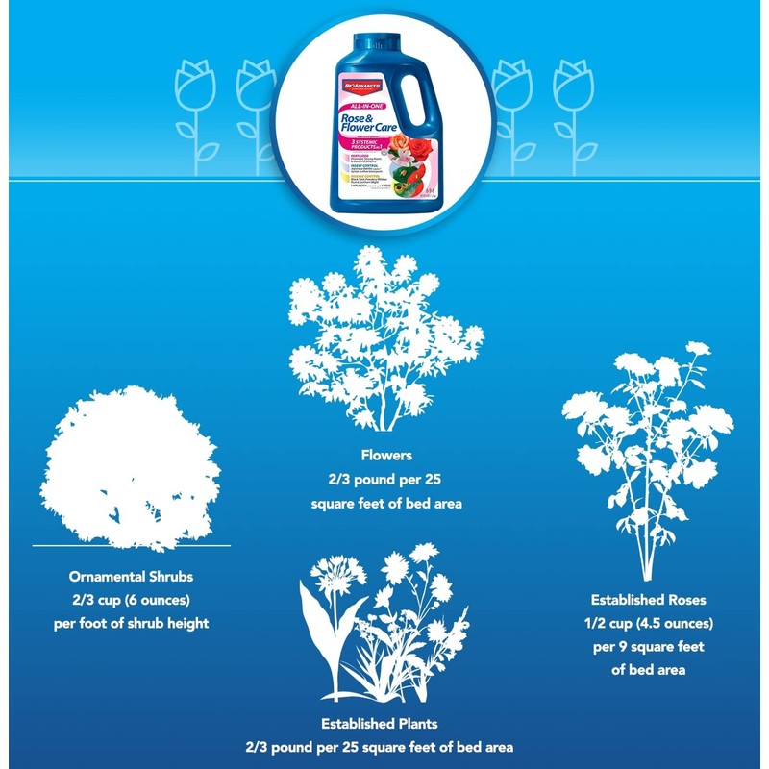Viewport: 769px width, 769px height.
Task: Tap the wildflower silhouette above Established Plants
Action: click(x=384, y=625)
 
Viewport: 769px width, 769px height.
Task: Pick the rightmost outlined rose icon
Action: click(x=575, y=107)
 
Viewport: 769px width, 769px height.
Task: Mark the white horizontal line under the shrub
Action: click(x=132, y=545)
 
